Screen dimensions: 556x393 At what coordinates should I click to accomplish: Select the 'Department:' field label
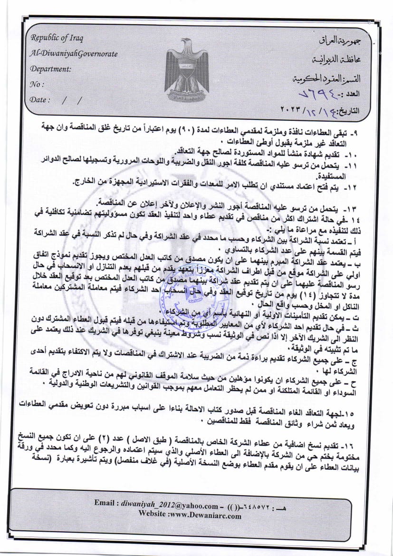point(50,68)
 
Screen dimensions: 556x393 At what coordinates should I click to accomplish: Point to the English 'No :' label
point(37,85)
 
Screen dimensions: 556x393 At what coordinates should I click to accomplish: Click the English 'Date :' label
point(40,100)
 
